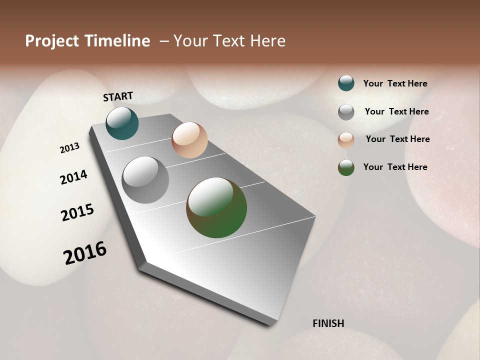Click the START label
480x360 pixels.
tap(118, 96)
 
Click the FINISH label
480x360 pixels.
tap(328, 323)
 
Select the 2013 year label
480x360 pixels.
tap(69, 148)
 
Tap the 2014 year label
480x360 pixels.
tap(73, 177)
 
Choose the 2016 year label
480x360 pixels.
tap(85, 253)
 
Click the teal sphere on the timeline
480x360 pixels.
tap(122, 123)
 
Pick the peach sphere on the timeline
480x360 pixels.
tap(189, 140)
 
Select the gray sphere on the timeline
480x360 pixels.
tap(145, 180)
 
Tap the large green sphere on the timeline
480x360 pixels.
tap(216, 207)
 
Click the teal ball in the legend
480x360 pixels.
tap(346, 83)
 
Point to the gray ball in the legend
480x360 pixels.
tap(346, 112)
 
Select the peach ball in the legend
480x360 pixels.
tap(346, 140)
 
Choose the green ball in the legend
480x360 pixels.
tap(346, 167)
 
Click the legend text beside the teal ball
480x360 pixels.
tap(395, 84)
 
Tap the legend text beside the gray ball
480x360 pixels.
tap(396, 111)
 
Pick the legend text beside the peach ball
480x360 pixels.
tap(397, 139)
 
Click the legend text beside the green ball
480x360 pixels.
tap(395, 167)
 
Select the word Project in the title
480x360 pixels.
tap(52, 41)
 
